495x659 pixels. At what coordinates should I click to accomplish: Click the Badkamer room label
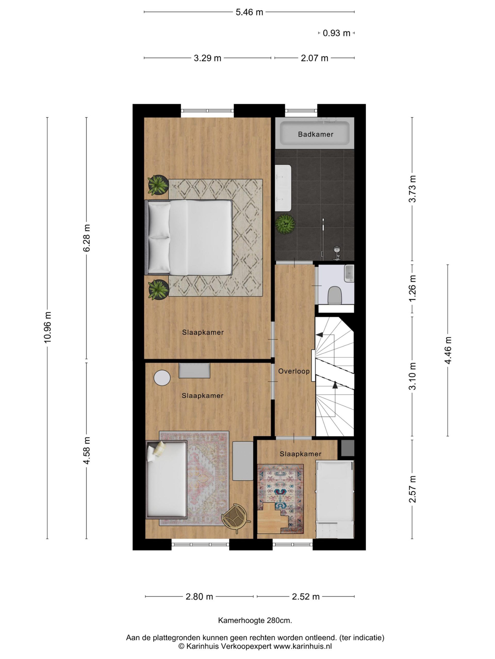pos(315,134)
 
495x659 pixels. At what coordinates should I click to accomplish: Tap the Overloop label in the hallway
pos(294,371)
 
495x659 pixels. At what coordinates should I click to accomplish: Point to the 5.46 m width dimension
pos(249,12)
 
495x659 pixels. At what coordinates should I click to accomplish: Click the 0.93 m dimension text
pos(336,33)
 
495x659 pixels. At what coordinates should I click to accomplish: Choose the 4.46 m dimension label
pos(448,350)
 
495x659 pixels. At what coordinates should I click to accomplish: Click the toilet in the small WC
pos(334,295)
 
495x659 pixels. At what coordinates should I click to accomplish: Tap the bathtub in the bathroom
pos(315,133)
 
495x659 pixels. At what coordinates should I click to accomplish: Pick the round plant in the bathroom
pos(285,224)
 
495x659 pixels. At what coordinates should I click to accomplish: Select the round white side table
pos(162,378)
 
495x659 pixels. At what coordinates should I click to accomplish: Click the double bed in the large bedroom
pos(188,237)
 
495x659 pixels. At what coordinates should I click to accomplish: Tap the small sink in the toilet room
pos(349,273)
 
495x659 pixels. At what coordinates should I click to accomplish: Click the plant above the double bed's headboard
pos(158,185)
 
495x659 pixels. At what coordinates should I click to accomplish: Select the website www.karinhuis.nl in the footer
pos(303,646)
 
